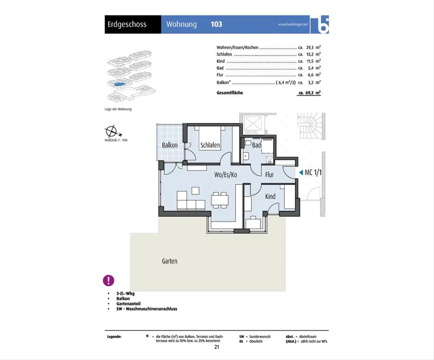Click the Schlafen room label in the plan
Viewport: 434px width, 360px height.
[210, 145]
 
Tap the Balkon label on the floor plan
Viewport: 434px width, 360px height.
[170, 145]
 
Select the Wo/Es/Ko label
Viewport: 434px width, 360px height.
[226, 175]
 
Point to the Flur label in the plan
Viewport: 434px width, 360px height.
[269, 175]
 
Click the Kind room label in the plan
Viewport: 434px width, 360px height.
[270, 196]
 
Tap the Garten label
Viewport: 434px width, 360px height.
[170, 261]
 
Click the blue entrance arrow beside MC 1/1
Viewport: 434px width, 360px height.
[301, 172]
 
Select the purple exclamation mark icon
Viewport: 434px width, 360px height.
[109, 280]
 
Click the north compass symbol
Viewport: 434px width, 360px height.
[112, 131]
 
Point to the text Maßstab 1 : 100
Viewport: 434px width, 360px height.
[116, 140]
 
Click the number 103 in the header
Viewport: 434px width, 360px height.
[216, 24]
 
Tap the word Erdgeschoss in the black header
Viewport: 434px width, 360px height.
[127, 25]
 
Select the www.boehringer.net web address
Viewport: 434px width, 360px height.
[293, 24]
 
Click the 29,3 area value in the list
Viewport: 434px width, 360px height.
[310, 47]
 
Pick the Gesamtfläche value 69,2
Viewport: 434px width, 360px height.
[310, 93]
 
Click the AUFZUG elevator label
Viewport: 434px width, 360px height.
[251, 132]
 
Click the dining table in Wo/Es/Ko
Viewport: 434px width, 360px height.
[220, 200]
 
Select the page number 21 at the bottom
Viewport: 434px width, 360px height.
[217, 347]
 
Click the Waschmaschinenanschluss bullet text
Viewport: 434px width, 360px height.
[147, 309]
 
